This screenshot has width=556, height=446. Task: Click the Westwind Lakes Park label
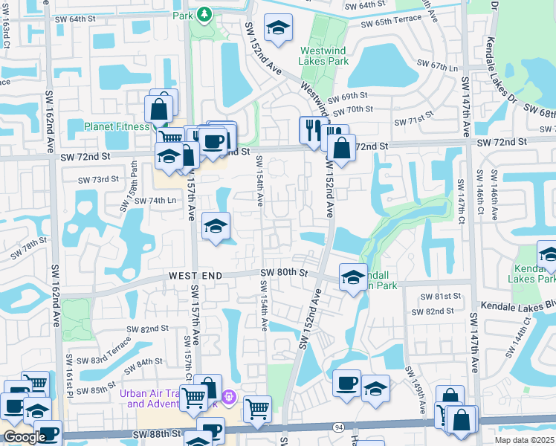point(325,56)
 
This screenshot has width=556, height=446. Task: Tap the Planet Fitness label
point(117,126)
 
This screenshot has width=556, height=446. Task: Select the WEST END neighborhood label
point(195,276)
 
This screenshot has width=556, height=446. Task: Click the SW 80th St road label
point(284,273)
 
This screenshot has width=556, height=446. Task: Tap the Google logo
point(24,437)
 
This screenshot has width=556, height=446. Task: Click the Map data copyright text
point(525,440)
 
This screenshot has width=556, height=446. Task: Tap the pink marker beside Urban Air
point(229,397)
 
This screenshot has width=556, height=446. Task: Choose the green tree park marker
point(204,14)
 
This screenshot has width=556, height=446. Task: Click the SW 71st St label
point(413,121)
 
